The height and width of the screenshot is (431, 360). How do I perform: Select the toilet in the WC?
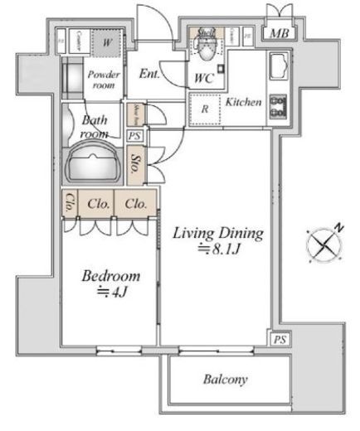coord(204,51)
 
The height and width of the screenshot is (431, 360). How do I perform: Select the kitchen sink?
coord(276,65)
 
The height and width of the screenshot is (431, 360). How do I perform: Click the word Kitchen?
coord(244,102)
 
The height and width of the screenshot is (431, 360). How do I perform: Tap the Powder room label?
coord(104,80)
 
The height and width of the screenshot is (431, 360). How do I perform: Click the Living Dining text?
coord(217,234)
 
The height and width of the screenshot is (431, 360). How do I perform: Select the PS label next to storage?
coord(134,135)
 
